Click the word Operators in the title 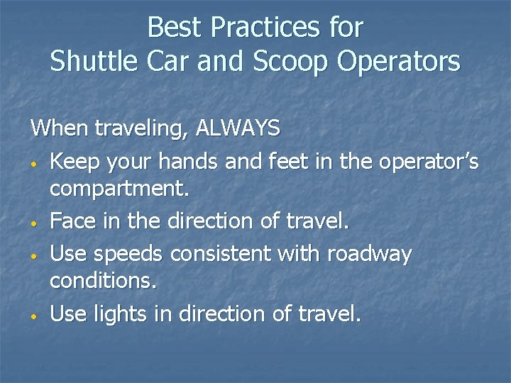tap(399, 62)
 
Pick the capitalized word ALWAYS tap(238, 128)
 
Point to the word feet tap(292, 162)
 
